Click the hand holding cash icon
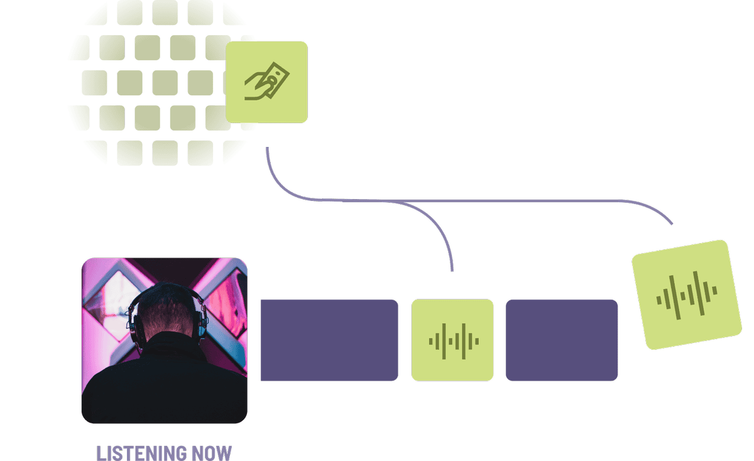point(266,83)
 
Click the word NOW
point(210,453)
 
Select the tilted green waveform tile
point(687,295)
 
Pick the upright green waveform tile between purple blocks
point(452,340)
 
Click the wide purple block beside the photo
point(329,340)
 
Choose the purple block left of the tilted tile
point(562,340)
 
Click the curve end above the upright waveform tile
point(452,271)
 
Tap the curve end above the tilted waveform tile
point(672,224)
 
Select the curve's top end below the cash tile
point(267,149)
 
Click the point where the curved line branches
point(402,202)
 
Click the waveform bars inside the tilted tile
point(687,295)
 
